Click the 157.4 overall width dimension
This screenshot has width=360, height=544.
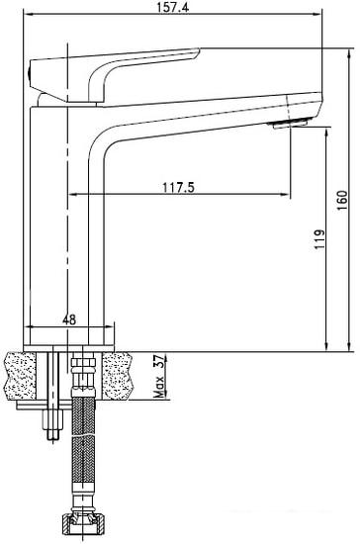(x=173, y=7)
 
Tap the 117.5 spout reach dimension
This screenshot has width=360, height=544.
(x=179, y=188)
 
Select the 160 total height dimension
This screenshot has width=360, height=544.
(x=342, y=200)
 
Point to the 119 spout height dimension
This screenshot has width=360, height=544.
(x=319, y=238)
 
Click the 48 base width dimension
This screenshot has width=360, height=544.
(x=69, y=319)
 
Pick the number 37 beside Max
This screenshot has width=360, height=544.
(x=160, y=361)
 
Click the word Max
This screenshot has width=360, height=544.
(x=160, y=387)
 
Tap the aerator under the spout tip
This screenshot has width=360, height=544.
(x=290, y=124)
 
